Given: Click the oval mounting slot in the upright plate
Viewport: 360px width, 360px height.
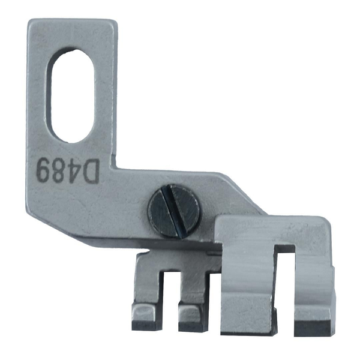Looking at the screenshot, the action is [x=71, y=96].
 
